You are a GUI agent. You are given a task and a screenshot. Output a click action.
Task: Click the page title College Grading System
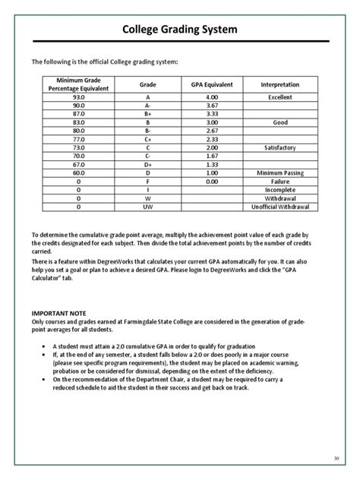(x=180, y=30)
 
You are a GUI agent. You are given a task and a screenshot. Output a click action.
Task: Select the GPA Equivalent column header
(x=213, y=85)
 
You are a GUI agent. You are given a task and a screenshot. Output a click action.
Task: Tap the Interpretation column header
(x=279, y=85)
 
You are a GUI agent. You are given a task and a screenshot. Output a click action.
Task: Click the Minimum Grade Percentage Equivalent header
(x=79, y=85)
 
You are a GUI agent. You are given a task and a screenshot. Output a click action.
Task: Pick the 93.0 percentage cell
(x=79, y=98)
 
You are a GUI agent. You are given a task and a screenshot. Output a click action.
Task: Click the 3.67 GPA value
(x=213, y=106)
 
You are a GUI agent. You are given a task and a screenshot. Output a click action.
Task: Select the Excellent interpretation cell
(x=279, y=98)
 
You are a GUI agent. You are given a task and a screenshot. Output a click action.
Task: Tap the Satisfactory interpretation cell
(x=279, y=147)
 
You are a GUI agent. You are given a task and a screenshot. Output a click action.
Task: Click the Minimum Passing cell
(x=279, y=172)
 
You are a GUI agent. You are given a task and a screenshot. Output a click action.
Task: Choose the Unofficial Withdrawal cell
(x=279, y=206)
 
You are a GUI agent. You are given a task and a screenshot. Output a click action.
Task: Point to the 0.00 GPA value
(x=213, y=181)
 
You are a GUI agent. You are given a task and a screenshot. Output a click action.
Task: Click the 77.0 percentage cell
(x=79, y=139)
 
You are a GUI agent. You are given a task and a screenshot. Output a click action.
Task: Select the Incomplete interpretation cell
(x=279, y=189)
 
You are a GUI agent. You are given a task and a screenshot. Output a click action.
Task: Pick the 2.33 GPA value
(x=213, y=139)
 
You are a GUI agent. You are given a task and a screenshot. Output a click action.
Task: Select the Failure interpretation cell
(x=279, y=181)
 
